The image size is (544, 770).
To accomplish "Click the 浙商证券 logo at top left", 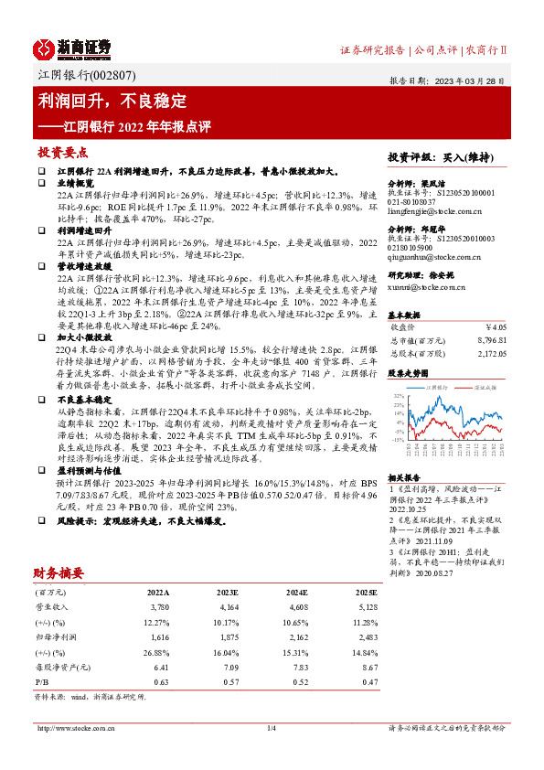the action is [x=72, y=48].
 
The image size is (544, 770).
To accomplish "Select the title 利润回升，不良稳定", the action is [x=113, y=100].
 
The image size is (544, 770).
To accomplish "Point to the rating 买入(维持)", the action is [x=464, y=157].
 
